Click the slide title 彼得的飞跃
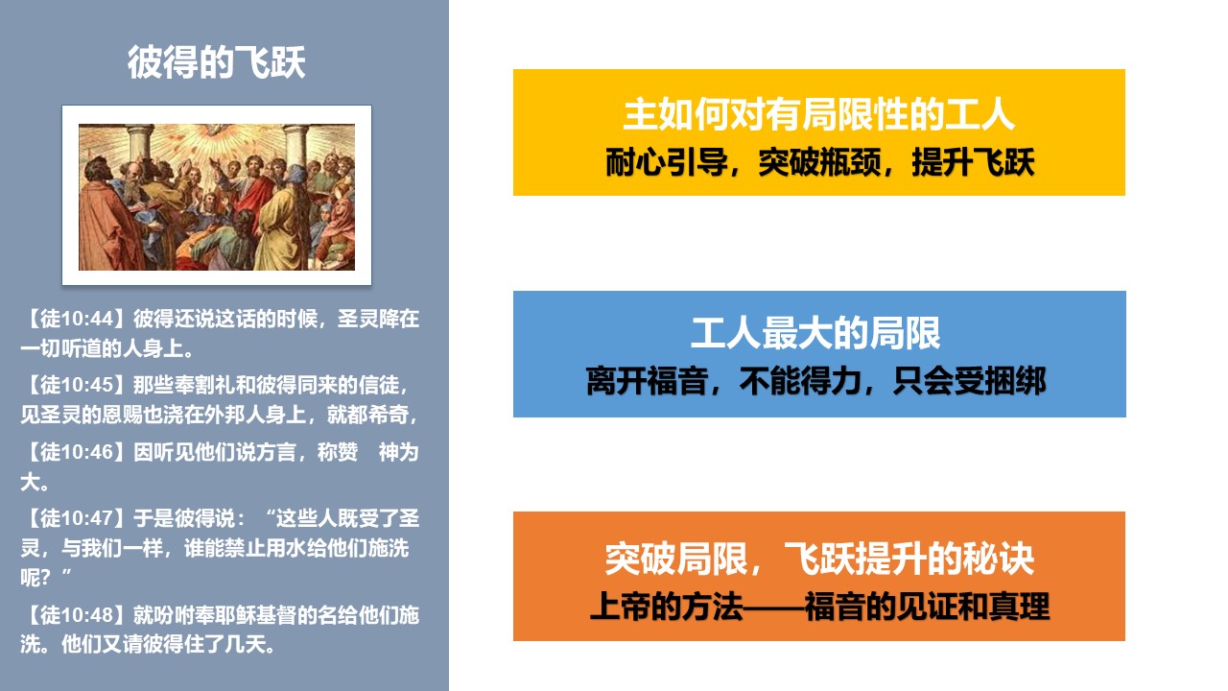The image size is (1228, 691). coord(217,62)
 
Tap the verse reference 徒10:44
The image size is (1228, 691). coord(77,319)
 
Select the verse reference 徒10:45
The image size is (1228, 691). coord(77,385)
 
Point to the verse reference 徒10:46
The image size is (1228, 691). coord(77,452)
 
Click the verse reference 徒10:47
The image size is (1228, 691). coord(77,518)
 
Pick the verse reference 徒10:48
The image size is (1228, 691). coord(77,615)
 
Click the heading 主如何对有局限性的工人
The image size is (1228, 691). coord(819,114)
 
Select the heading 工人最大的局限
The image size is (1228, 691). coord(815,333)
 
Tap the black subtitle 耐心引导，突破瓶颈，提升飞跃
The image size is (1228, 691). coord(819,162)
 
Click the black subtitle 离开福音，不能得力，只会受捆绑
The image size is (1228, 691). coord(815,381)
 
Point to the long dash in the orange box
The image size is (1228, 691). coord(773,608)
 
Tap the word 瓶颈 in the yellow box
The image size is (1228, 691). coord(850,162)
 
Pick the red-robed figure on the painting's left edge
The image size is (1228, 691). coord(105,220)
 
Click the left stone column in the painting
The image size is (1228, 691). coord(138,144)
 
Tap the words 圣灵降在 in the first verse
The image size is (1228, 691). coord(378,319)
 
